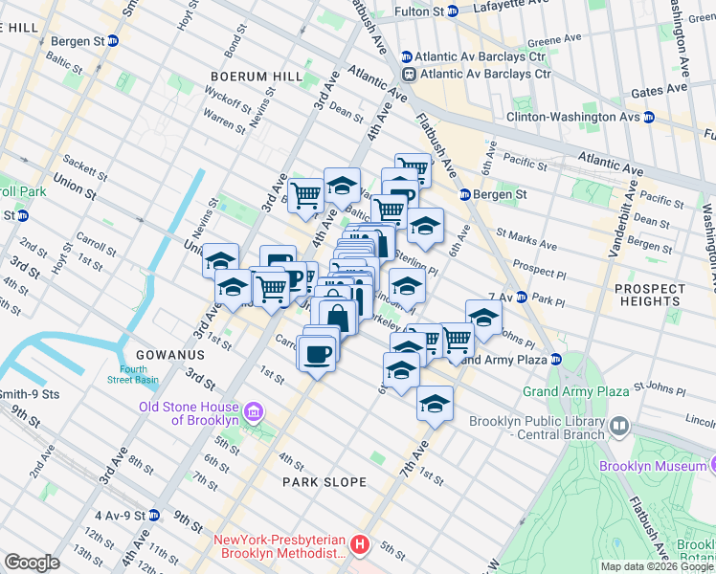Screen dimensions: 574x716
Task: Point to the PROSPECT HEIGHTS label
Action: (650, 295)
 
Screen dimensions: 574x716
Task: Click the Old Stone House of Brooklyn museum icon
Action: (254, 412)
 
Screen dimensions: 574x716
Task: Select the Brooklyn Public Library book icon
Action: (619, 427)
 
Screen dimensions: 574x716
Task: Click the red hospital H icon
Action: (359, 545)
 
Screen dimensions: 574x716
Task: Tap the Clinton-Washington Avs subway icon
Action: (648, 117)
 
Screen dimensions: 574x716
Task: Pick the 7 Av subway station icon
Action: (523, 298)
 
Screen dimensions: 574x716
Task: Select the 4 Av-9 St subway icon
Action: (153, 515)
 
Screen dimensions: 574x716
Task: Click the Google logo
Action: (32, 563)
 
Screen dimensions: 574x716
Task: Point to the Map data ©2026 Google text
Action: (656, 566)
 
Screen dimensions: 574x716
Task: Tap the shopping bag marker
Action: (337, 315)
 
